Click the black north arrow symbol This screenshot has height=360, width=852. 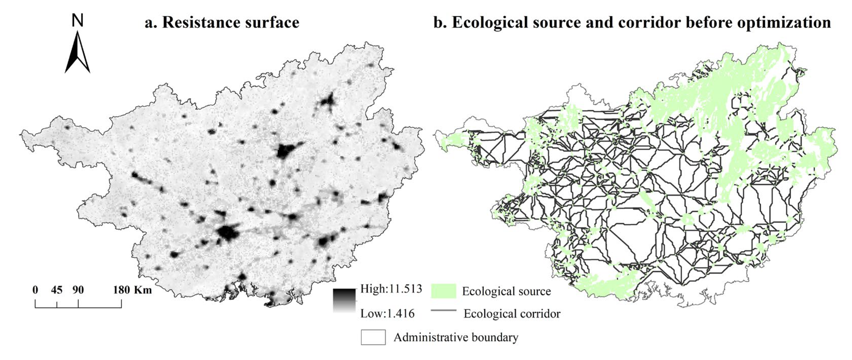pos(77,53)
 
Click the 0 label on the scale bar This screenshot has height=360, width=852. pos(35,290)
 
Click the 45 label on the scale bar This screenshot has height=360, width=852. pos(57,290)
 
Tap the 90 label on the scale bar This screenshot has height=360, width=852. pos(78,290)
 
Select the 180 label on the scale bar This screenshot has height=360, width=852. pos(121,290)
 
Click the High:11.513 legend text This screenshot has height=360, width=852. pos(391,289)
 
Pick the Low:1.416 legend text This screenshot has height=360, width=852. pos(387,313)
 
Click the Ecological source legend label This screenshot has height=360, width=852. pos(506,291)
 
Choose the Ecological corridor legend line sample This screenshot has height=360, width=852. pos(443,310)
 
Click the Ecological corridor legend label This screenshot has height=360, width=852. pos(512,313)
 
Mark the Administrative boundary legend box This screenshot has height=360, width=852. pos(373,337)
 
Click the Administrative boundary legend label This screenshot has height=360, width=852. pos(456,337)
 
